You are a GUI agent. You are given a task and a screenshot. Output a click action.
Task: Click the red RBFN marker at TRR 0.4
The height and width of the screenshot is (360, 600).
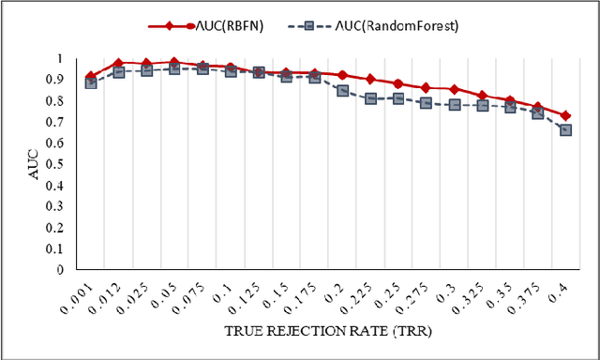click(x=565, y=115)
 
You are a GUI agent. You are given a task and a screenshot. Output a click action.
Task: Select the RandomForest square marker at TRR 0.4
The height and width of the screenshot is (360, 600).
click(x=565, y=130)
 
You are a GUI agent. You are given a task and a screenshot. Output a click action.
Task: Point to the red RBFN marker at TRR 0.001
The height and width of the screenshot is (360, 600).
click(x=90, y=76)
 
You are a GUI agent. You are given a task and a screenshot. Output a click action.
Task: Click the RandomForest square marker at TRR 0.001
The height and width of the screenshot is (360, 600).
click(x=90, y=83)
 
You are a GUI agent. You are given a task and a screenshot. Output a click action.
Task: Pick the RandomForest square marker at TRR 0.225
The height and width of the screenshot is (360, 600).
click(x=370, y=98)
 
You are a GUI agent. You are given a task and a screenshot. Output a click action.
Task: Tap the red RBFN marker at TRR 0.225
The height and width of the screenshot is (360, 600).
click(x=370, y=79)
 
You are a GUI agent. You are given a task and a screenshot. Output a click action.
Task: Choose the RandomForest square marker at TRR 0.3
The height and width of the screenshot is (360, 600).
click(x=454, y=105)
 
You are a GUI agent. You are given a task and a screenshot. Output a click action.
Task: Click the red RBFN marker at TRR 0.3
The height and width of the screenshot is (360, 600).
click(x=454, y=89)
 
